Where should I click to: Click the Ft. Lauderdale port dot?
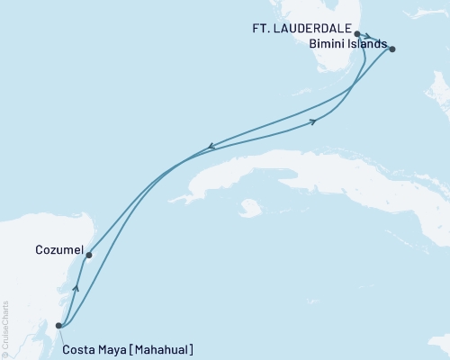point(357,34)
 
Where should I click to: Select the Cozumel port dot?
point(88,255)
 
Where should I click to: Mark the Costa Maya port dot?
point(58,326)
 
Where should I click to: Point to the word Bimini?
point(326,43)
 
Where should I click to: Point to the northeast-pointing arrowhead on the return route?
point(313,121)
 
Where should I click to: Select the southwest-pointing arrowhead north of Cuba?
point(211,146)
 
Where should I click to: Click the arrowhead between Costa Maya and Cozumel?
point(76,288)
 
